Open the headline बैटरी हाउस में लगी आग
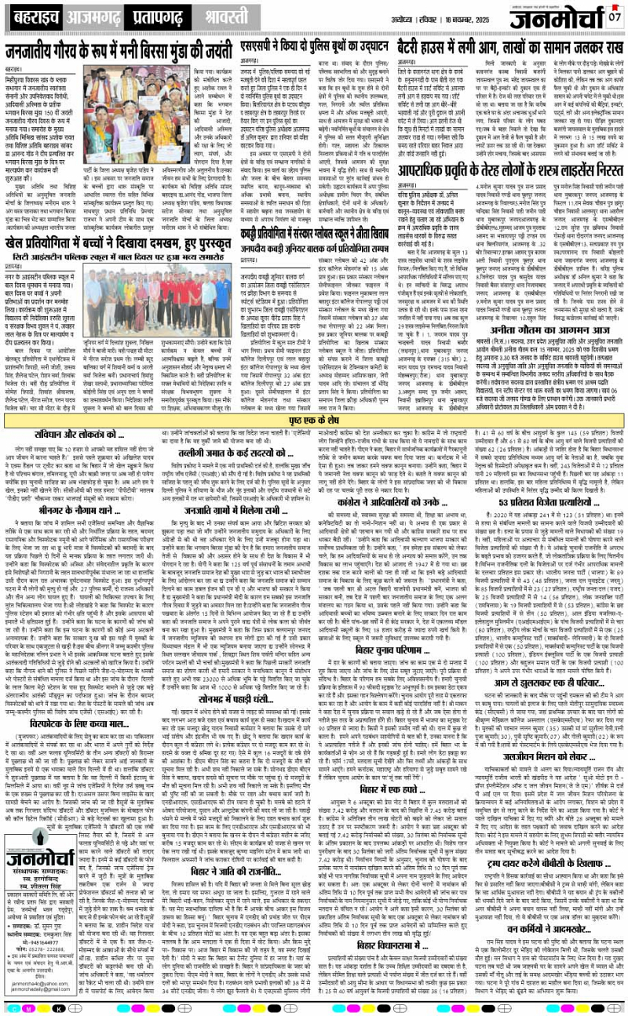click(x=510, y=42)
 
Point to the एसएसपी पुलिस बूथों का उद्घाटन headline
click(x=314, y=43)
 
